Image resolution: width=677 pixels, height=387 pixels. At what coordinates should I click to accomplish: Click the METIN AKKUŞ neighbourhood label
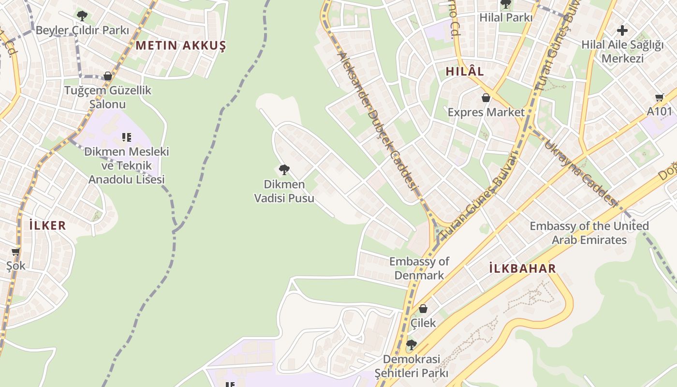pos(181,46)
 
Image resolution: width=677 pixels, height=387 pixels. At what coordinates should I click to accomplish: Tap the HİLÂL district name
pos(464,71)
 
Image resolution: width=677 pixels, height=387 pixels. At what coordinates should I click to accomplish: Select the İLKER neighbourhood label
pos(47,225)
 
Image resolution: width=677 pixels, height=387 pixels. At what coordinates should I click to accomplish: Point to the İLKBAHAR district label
pos(522,269)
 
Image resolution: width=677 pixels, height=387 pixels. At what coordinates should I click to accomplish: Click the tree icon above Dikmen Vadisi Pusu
pos(284,169)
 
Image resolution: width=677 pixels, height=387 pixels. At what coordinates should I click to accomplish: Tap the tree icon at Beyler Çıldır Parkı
pos(82,15)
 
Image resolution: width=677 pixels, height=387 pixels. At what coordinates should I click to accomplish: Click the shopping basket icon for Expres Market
pos(486,98)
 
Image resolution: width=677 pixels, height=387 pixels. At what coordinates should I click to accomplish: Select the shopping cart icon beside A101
pos(660,98)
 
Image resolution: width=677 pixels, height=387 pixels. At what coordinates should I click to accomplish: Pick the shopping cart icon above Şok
pos(16,252)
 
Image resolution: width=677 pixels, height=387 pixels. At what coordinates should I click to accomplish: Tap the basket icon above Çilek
pos(423,308)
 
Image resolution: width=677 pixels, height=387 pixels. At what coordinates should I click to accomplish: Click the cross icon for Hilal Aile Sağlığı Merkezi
pos(622,30)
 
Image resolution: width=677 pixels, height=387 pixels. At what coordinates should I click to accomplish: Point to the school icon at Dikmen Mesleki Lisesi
pos(127,137)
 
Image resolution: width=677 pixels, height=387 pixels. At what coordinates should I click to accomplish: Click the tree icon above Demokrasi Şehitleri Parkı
pos(412,344)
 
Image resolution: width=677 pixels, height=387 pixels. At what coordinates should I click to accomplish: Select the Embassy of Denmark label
pos(419,268)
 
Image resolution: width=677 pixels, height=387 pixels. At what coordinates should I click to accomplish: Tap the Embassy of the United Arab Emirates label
pos(589,233)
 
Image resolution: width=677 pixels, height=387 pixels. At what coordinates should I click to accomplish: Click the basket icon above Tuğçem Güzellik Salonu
pos(108,76)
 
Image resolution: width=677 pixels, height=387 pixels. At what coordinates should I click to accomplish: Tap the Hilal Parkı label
pos(506,18)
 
